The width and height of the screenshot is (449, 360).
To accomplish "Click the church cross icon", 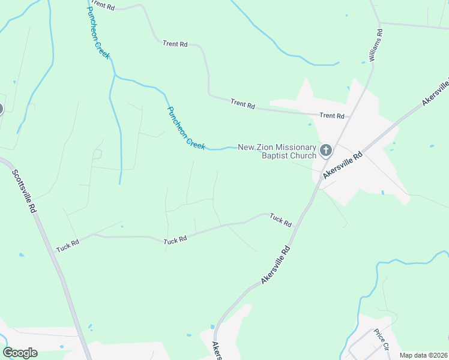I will coord(325,150).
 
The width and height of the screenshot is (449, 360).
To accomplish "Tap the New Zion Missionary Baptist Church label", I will coord(277,151).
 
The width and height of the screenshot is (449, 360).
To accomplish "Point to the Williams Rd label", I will coord(372,46).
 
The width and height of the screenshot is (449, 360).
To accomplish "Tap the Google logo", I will coord(20,353).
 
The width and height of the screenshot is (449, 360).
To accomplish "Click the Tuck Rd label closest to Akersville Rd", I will coord(280,220).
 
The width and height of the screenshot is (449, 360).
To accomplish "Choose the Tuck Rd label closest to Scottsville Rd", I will coord(68,246).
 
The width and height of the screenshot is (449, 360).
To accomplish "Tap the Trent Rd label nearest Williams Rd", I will coord(332,115).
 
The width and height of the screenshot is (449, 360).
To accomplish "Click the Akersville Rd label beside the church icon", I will coord(343,164).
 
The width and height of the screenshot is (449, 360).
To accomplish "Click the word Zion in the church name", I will coord(269,146).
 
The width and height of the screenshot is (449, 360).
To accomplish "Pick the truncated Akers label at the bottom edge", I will coord(217,351).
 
